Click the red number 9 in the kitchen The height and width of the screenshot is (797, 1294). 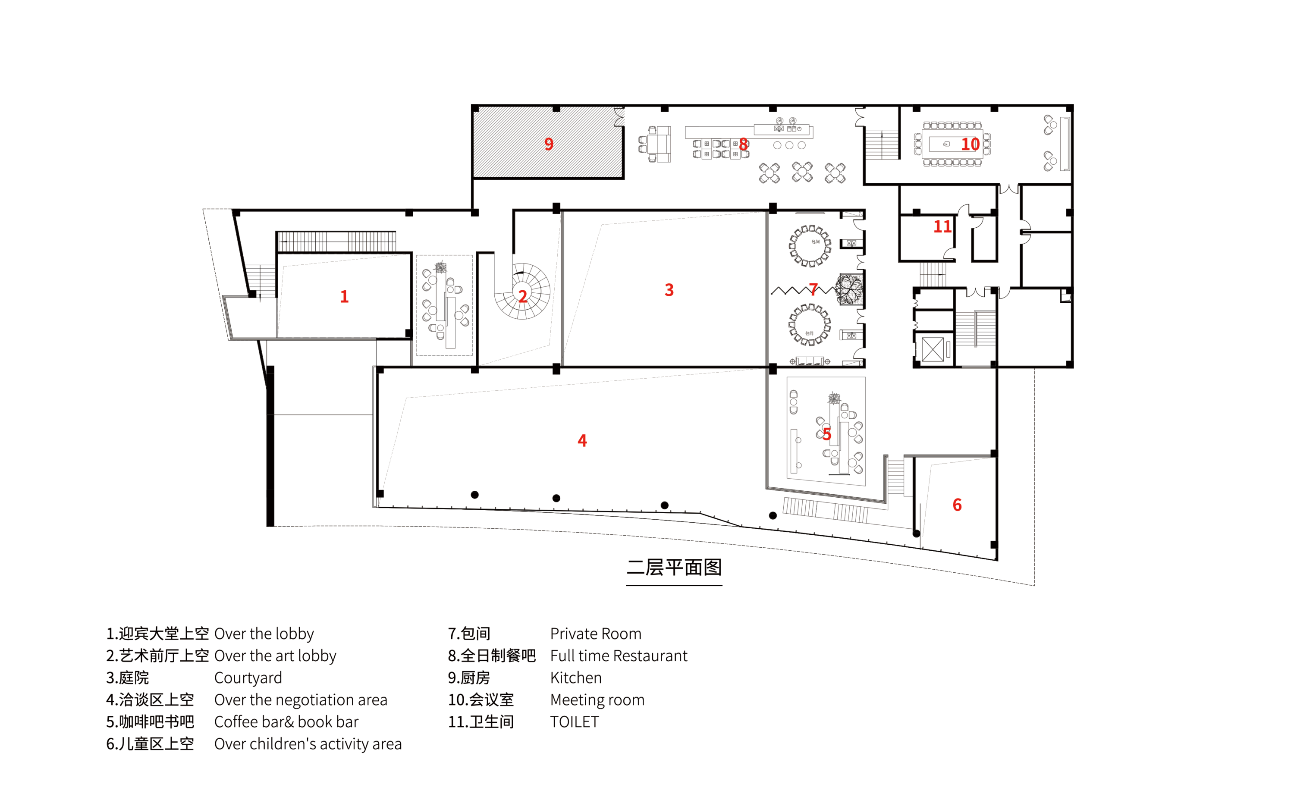[x=549, y=144]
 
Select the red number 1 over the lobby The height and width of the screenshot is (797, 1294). [x=344, y=296]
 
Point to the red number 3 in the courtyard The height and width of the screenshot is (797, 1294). [x=669, y=289]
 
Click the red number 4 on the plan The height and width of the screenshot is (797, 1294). [x=582, y=440]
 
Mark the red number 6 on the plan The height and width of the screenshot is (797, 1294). [x=957, y=505]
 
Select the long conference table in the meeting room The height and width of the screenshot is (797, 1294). [x=952, y=144]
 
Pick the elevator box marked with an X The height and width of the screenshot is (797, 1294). [x=933, y=349]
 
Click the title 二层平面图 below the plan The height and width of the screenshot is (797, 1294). [x=674, y=567]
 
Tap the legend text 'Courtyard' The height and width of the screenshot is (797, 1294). [x=248, y=678]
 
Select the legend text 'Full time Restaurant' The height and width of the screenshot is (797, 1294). [x=619, y=655]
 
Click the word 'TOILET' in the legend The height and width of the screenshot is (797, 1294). [x=575, y=722]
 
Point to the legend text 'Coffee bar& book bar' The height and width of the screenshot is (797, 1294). [x=286, y=722]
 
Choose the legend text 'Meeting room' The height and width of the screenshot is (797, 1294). [x=597, y=700]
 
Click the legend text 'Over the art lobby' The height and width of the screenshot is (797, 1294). [x=275, y=655]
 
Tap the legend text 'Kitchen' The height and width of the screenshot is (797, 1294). [x=575, y=678]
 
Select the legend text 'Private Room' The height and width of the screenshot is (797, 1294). [x=596, y=633]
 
